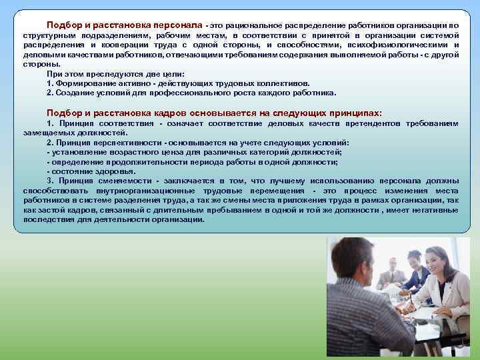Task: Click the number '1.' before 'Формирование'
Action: click(x=51, y=83)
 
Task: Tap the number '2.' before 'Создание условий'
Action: click(x=51, y=93)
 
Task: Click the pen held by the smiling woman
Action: click(x=413, y=303)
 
